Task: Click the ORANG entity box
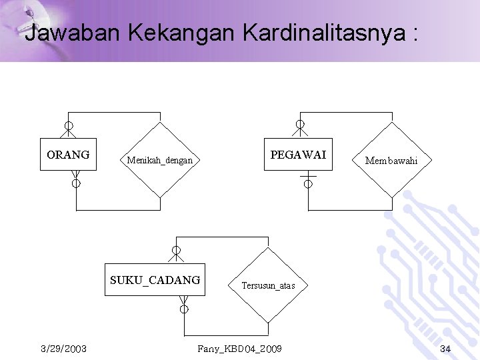pyautogui.click(x=68, y=155)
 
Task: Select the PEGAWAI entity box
pyautogui.click(x=298, y=155)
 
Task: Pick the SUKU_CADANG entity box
pyautogui.click(x=155, y=280)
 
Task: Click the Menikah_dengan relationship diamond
pyautogui.click(x=160, y=160)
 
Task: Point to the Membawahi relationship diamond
pyautogui.click(x=391, y=161)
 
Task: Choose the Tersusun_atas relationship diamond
pyautogui.click(x=268, y=285)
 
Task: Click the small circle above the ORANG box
pyautogui.click(x=69, y=125)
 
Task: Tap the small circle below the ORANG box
pyautogui.click(x=76, y=183)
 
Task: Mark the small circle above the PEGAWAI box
pyautogui.click(x=300, y=125)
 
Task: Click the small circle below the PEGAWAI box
pyautogui.click(x=307, y=184)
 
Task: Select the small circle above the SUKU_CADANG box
pyautogui.click(x=176, y=251)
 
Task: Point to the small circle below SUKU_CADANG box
pyautogui.click(x=184, y=309)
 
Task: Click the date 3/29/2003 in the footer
pyautogui.click(x=63, y=349)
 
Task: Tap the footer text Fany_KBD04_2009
pyautogui.click(x=239, y=349)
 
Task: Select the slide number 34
pyautogui.click(x=445, y=349)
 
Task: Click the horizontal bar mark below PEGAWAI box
pyautogui.click(x=307, y=176)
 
